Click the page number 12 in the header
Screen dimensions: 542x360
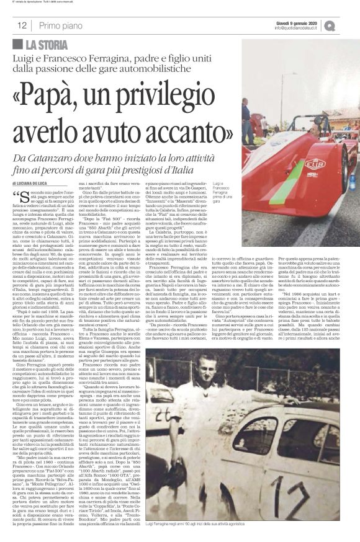pos(21,25)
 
